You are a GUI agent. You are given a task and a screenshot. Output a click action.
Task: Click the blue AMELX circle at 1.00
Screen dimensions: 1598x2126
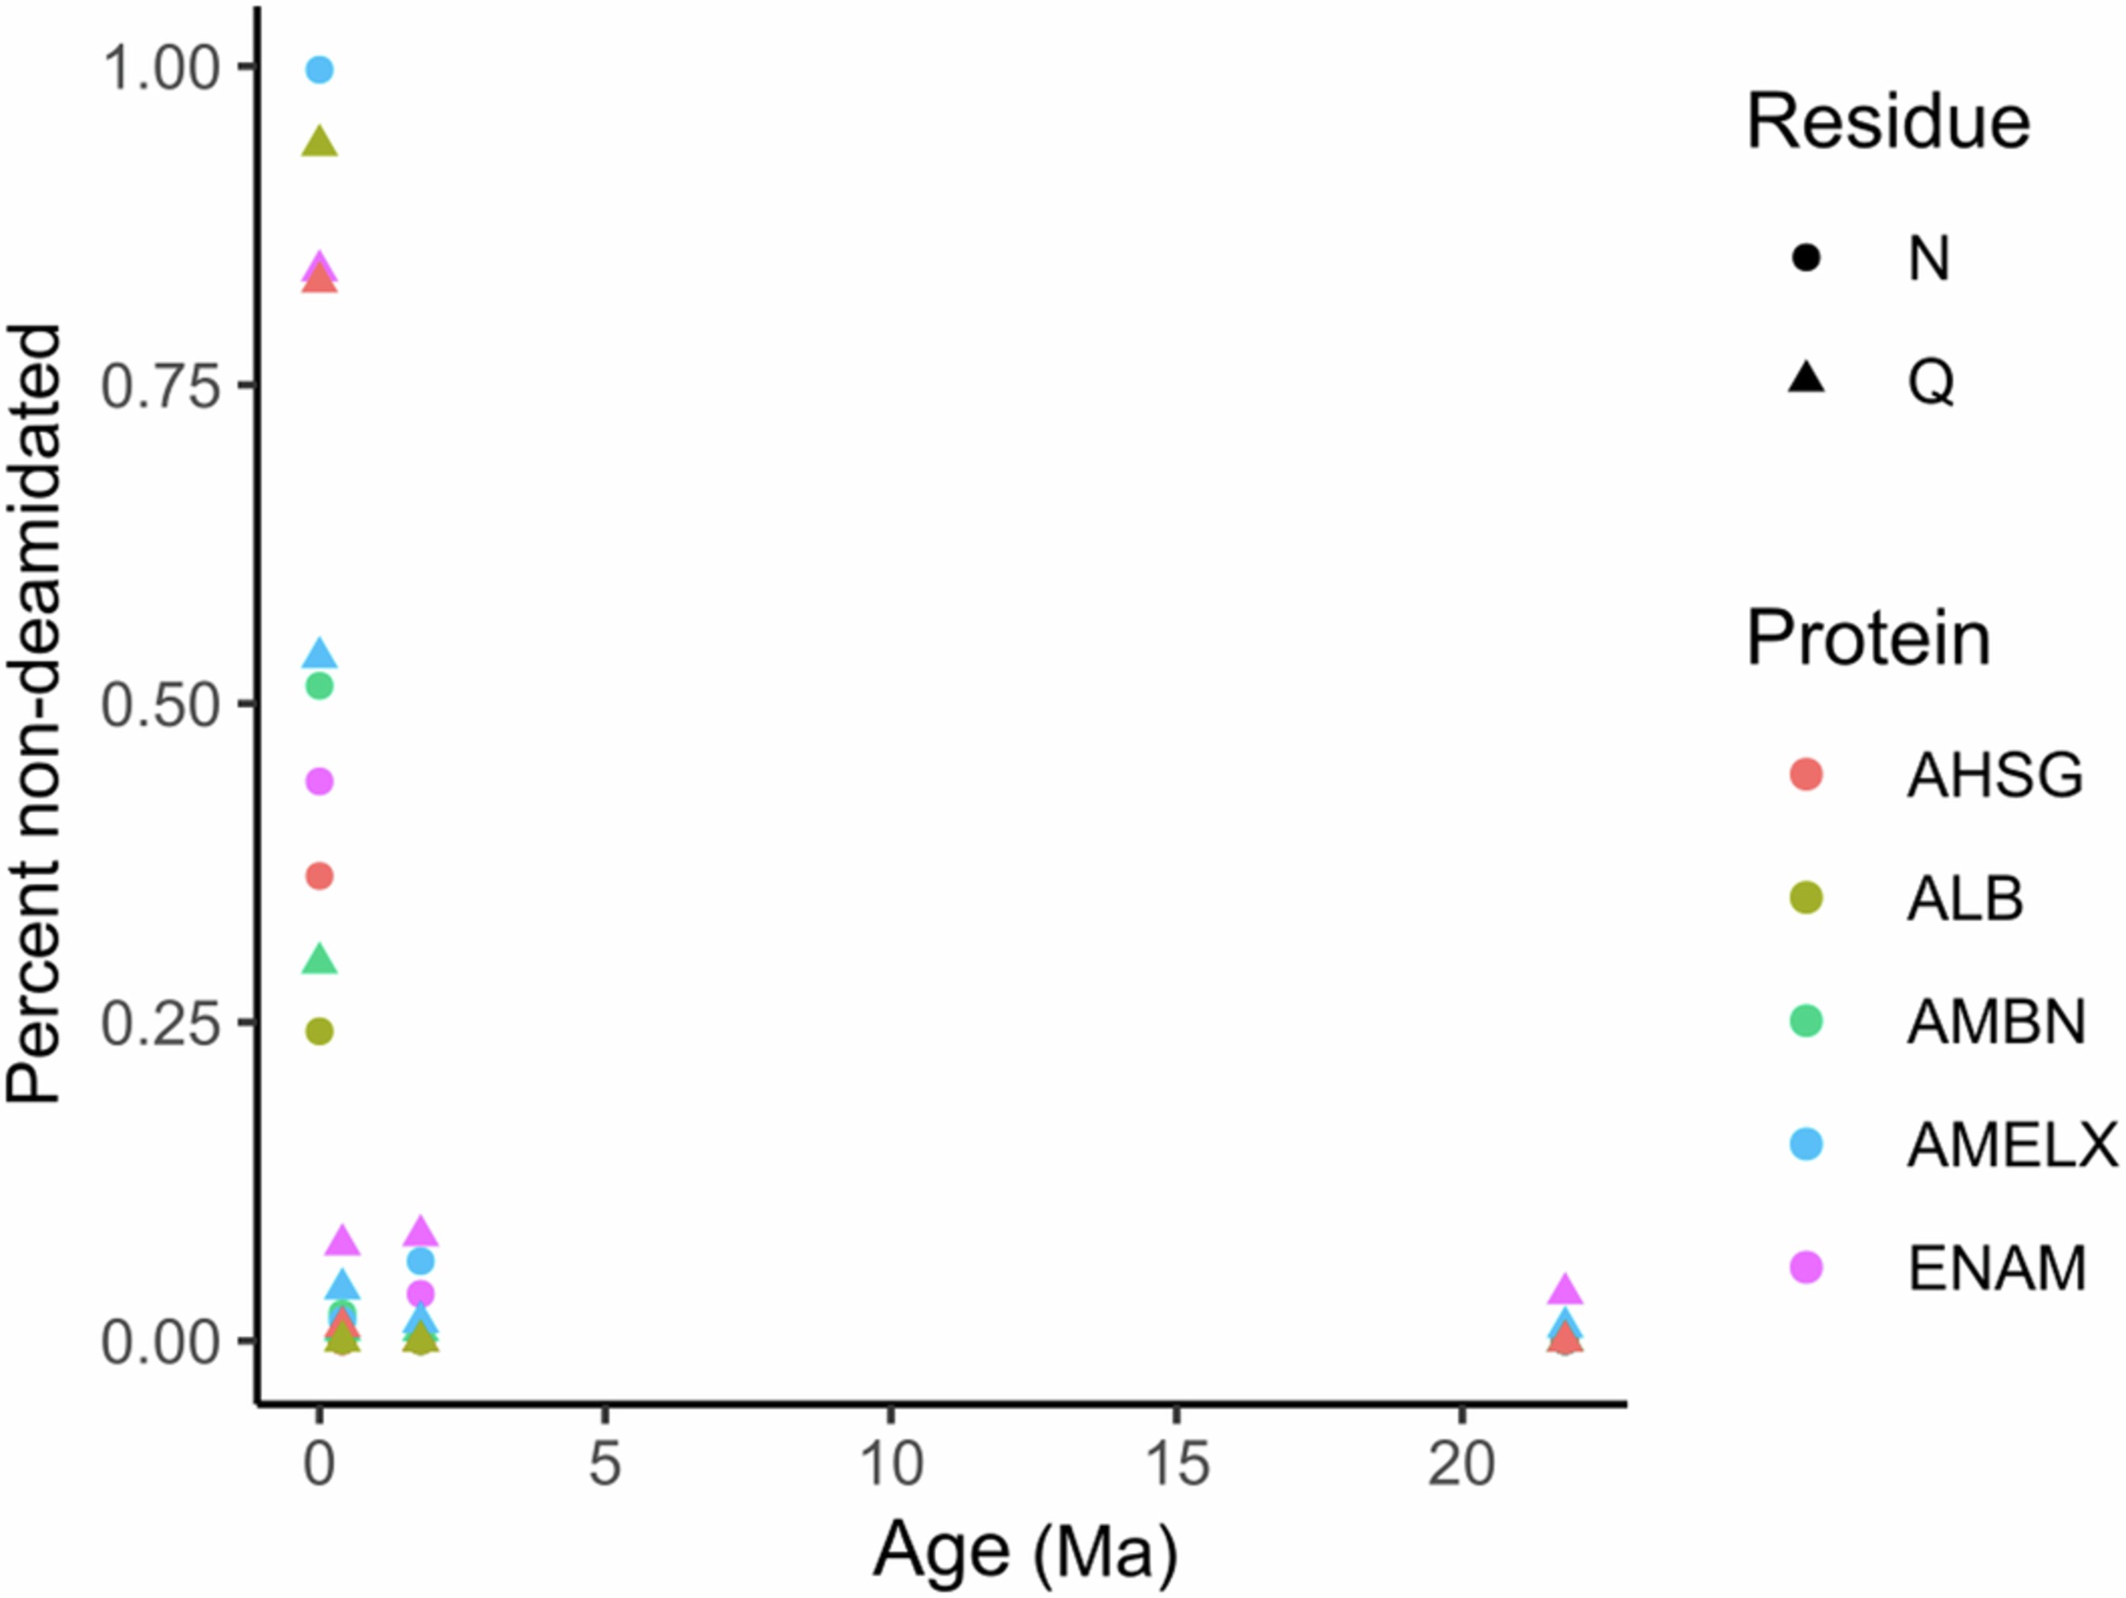319,70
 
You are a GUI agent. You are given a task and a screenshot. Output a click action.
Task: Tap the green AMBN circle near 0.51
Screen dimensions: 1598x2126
319,686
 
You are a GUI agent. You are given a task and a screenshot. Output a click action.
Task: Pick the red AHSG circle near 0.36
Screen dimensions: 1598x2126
319,876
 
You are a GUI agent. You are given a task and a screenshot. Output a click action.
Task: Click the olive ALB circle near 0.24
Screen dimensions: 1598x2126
319,1032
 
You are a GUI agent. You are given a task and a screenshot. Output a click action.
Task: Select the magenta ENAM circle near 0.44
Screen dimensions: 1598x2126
319,782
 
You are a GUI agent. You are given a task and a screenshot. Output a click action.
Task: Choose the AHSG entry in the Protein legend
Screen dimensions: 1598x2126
1995,776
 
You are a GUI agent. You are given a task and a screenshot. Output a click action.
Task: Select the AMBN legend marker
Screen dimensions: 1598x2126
1807,1022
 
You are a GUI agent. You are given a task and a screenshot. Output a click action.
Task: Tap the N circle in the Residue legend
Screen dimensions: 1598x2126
1807,257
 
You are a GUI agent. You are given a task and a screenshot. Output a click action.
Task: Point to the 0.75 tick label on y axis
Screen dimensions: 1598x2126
162,386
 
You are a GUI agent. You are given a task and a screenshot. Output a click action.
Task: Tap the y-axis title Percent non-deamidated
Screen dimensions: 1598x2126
35,713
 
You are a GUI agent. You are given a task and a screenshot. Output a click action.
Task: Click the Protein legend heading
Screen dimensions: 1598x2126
1867,638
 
